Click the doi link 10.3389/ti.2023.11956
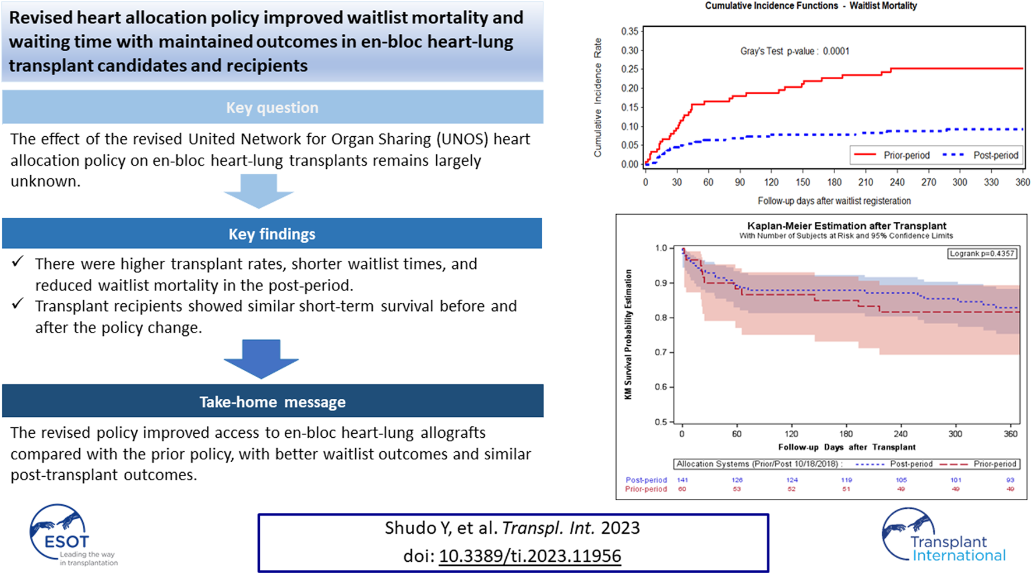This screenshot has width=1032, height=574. point(530,556)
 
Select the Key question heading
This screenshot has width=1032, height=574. point(272,108)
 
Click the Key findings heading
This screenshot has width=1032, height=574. point(272,234)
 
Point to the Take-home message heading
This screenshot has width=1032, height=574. point(272,402)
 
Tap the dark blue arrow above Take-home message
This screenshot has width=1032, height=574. point(261,359)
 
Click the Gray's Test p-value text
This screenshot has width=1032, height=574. point(794,51)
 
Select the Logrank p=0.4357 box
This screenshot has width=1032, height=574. point(982,254)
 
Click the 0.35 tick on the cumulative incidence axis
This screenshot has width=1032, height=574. point(630,31)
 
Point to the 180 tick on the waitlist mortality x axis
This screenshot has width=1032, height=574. point(834,182)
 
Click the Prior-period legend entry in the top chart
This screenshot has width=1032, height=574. point(892,155)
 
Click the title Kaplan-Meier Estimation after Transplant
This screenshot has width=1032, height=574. point(846,226)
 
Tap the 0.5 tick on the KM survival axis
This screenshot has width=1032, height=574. point(661,422)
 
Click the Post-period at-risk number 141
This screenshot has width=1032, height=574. point(682,480)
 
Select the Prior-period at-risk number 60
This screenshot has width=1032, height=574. point(682,489)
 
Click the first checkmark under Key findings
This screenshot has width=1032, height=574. point(18,262)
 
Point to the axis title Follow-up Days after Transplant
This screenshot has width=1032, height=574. point(846,447)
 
